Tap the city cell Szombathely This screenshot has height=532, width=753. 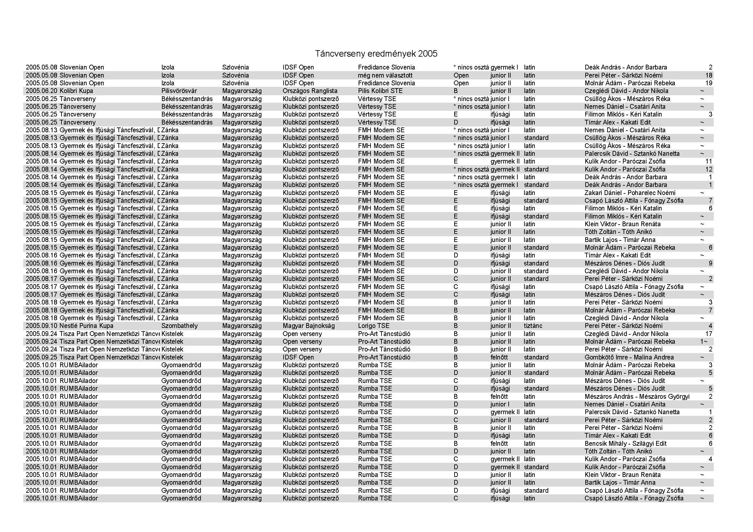coord(179,326)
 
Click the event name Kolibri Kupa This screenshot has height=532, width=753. coord(76,91)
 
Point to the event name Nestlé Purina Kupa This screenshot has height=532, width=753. coord(86,326)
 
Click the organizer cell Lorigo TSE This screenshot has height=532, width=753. coord(373,326)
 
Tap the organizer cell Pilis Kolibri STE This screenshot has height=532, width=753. coord(380,91)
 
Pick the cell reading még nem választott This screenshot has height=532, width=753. coord(385,75)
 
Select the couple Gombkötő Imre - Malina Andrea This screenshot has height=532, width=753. coord(629,357)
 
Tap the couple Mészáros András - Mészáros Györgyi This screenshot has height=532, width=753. coord(637,396)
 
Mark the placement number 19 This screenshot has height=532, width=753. coord(709,83)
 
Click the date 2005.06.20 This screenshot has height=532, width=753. coord(41,91)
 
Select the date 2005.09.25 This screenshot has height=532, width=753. coord(41,357)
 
